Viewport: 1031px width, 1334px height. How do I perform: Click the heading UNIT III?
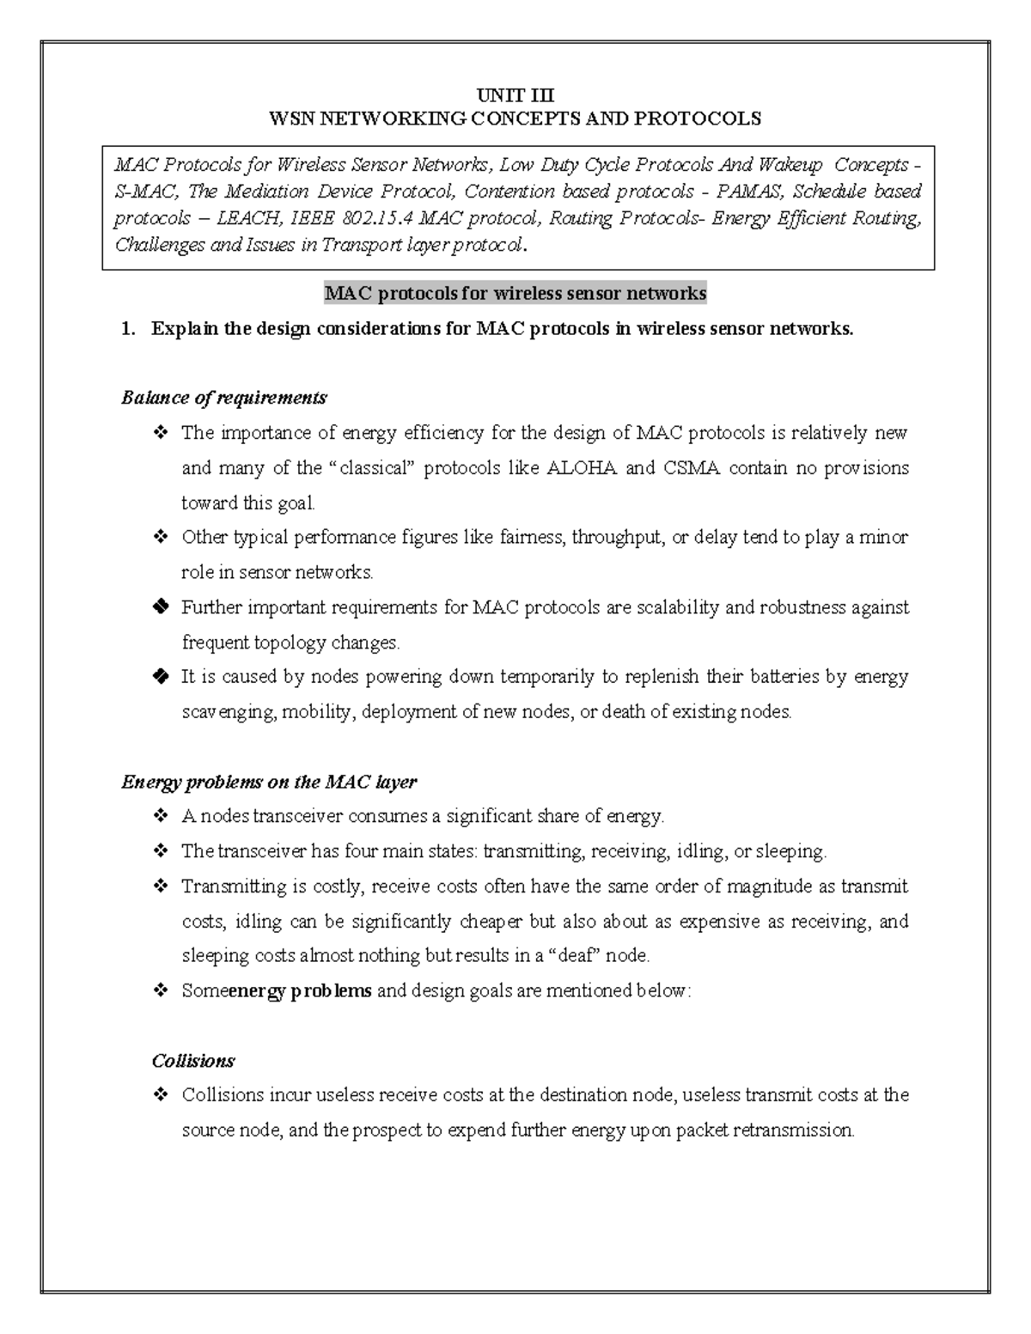(x=515, y=95)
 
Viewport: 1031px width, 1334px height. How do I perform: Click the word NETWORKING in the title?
(x=375, y=119)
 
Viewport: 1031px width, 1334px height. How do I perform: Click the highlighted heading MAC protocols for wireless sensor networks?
(x=515, y=294)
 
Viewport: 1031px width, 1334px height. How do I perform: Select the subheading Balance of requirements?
(x=223, y=398)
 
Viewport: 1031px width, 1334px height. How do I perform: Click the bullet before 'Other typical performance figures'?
(x=160, y=538)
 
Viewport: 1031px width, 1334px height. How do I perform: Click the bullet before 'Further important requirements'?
(x=160, y=608)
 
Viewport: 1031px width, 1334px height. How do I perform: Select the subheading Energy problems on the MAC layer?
(x=268, y=782)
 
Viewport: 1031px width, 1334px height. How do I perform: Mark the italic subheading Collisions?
(x=192, y=1061)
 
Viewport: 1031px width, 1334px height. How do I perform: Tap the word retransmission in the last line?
(x=796, y=1130)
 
